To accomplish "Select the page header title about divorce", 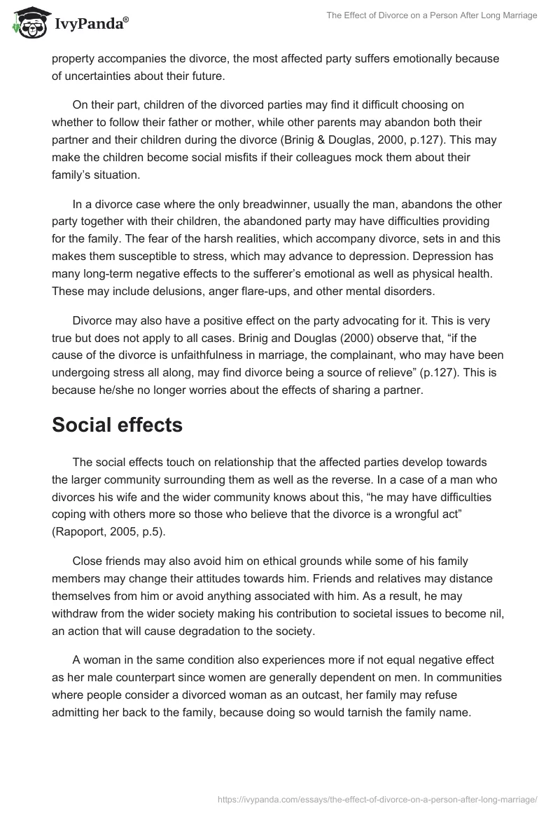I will (x=431, y=15).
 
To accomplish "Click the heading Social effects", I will (x=117, y=425).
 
